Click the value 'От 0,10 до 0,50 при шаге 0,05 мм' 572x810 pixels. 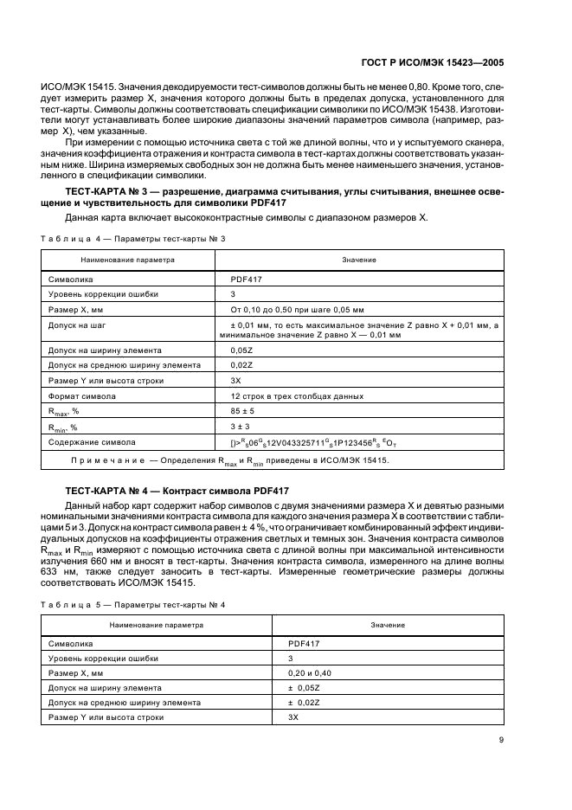pos(297,309)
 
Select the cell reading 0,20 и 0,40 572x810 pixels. pos(308,672)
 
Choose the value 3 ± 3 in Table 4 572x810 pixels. pos(240,427)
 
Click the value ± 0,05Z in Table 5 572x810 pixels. pos(305,687)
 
